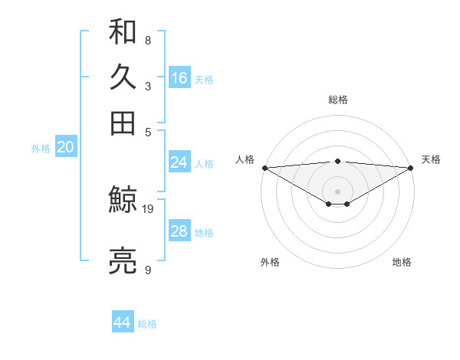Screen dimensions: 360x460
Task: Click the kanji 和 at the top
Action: coord(123,33)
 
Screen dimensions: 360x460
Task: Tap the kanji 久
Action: coord(123,77)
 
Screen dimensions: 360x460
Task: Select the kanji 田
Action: coord(123,123)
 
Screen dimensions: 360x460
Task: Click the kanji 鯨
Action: coord(123,201)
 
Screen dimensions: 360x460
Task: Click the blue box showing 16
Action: coord(179,78)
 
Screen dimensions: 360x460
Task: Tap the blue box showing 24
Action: coord(179,162)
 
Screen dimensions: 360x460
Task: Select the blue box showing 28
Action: coord(179,231)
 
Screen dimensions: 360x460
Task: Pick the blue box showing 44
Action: coord(122,322)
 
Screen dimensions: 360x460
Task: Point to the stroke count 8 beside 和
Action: coord(147,40)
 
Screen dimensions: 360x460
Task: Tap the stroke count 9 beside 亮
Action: coord(147,270)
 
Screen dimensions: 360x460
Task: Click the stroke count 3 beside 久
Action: coord(147,86)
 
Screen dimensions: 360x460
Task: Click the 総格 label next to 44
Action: coord(147,324)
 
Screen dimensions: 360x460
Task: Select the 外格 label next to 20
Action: coord(40,149)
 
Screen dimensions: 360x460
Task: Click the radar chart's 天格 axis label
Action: coord(432,159)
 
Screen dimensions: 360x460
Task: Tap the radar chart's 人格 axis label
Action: coord(245,159)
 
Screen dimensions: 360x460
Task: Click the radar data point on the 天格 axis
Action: coord(411,167)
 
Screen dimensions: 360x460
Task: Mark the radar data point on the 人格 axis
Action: coord(264,167)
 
